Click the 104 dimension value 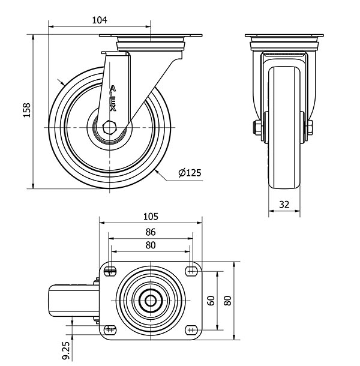99,20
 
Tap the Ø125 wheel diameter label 190,173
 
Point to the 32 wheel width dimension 284,205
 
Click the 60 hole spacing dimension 211,301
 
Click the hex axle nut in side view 109,128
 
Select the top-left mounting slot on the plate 109,272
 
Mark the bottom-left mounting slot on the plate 109,329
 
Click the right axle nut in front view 311,128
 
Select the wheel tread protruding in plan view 71,301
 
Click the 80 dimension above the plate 151,245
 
